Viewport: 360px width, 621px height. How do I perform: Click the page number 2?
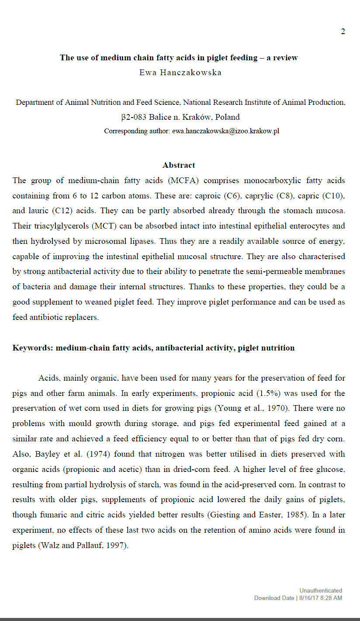point(343,31)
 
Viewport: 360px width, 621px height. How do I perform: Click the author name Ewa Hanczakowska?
point(180,73)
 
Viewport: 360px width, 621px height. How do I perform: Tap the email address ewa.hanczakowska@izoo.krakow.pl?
point(225,131)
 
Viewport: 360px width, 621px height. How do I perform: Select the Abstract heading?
point(179,165)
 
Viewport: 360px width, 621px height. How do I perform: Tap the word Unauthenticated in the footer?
point(321,591)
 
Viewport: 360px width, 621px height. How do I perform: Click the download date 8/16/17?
point(310,598)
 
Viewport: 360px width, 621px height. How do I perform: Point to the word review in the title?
point(285,58)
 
